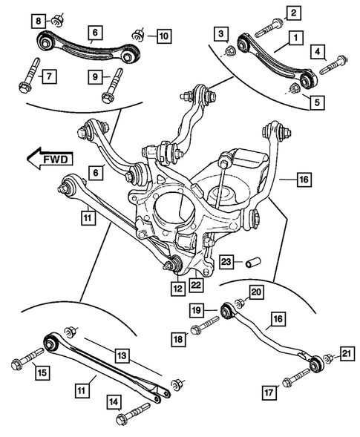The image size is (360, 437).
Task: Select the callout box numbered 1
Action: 295,36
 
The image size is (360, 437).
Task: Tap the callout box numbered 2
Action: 295,12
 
